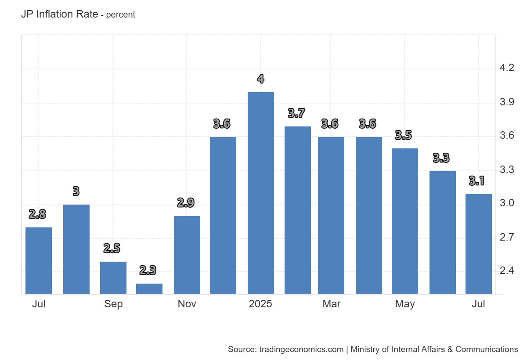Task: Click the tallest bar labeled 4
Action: coord(260,193)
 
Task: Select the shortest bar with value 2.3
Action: coord(149,289)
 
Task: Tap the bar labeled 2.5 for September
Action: coord(113,278)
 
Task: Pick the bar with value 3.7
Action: coord(297,210)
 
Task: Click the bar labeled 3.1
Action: coord(478,244)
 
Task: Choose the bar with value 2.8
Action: coord(39,261)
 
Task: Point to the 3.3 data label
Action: coord(441,158)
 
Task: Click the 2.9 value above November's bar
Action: coord(186,203)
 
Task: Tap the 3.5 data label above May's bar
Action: coord(404,135)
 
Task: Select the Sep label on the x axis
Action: coord(113,304)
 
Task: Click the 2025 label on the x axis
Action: coord(260,304)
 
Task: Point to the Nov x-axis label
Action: coord(187,304)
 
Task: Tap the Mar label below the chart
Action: coord(331,304)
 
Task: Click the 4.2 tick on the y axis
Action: coord(507,68)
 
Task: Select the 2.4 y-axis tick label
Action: coord(507,271)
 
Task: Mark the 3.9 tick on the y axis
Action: coord(507,102)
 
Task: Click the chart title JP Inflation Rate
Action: coord(59,14)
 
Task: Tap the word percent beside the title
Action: coord(121,15)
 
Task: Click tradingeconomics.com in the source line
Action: coord(301,349)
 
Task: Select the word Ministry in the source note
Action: coord(366,349)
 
